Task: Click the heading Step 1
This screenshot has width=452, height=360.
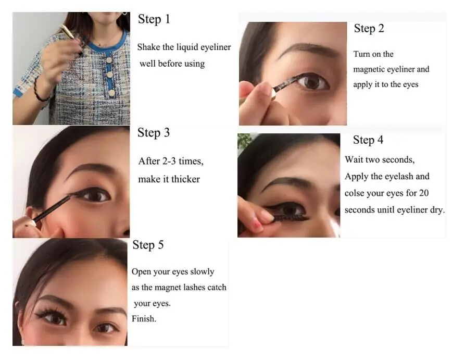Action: pyautogui.click(x=154, y=19)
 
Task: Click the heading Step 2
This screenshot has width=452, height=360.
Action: pyautogui.click(x=369, y=29)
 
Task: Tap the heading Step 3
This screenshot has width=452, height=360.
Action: pyautogui.click(x=154, y=133)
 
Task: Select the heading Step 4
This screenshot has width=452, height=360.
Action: pyautogui.click(x=368, y=140)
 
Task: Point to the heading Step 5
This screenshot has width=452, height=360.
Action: pyautogui.click(x=148, y=245)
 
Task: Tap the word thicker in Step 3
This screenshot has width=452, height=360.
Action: pyautogui.click(x=185, y=179)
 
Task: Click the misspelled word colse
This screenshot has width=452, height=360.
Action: pyautogui.click(x=354, y=193)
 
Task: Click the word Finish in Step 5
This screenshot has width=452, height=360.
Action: pyautogui.click(x=144, y=319)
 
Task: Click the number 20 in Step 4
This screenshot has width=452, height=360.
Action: pyautogui.click(x=424, y=193)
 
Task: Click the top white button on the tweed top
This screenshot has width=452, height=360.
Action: pyautogui.click(x=109, y=60)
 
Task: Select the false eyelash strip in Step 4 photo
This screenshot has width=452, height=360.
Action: pyautogui.click(x=291, y=218)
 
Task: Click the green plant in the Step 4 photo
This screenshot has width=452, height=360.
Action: pyautogui.click(x=244, y=141)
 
